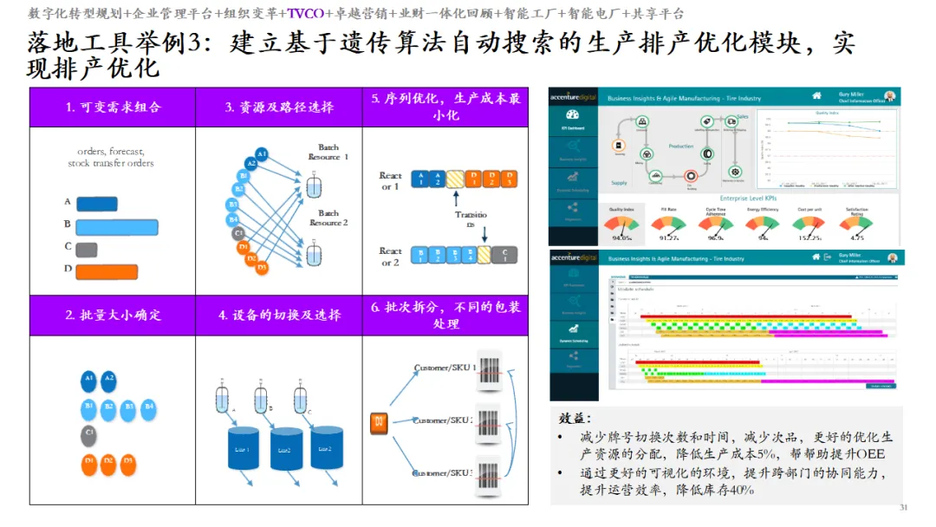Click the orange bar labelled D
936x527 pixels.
coord(107,271)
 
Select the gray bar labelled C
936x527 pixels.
coord(86,249)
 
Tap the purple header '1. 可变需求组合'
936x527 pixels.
coord(113,107)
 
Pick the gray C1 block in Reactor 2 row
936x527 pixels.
coord(504,254)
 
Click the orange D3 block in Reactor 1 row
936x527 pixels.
coord(510,179)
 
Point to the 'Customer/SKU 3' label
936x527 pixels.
coord(444,473)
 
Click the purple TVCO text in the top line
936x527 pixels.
coord(304,14)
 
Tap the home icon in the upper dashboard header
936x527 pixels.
coord(816,96)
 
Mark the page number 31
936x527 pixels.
coord(903,507)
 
